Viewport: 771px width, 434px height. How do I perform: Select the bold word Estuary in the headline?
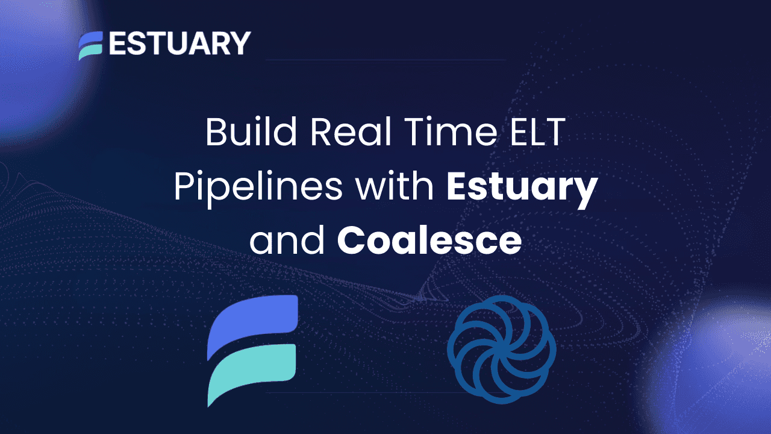click(x=522, y=189)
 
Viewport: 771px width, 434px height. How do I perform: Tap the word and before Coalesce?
click(x=287, y=241)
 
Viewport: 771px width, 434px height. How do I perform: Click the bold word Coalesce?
click(x=429, y=241)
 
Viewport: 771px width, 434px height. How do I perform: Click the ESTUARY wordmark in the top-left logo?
click(x=179, y=44)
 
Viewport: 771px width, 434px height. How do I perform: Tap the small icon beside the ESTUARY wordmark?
click(x=90, y=45)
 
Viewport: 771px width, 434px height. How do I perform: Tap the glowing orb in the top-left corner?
click(x=36, y=60)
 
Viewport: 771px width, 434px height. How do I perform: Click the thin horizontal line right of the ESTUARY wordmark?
click(x=385, y=60)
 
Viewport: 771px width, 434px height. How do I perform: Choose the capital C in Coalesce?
click(x=351, y=241)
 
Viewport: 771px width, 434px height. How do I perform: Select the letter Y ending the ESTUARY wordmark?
click(x=240, y=44)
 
